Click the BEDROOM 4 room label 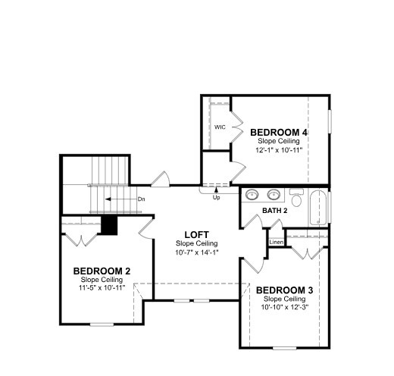(279, 133)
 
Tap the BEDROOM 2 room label (102, 271)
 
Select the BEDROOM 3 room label (284, 290)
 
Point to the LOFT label (197, 235)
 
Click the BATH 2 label (275, 211)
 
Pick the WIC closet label (220, 127)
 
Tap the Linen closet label (277, 242)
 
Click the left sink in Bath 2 (252, 195)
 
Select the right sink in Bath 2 (274, 195)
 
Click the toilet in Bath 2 (296, 197)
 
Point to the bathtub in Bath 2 (318, 208)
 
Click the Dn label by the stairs (142, 199)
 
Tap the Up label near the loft (216, 198)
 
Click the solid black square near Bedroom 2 (109, 225)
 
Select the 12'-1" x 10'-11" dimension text (279, 150)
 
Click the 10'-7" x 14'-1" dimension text (197, 252)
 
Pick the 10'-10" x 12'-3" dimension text (285, 307)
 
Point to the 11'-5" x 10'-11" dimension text (102, 288)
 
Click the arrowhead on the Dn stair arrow (108, 199)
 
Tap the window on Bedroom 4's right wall (330, 121)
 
